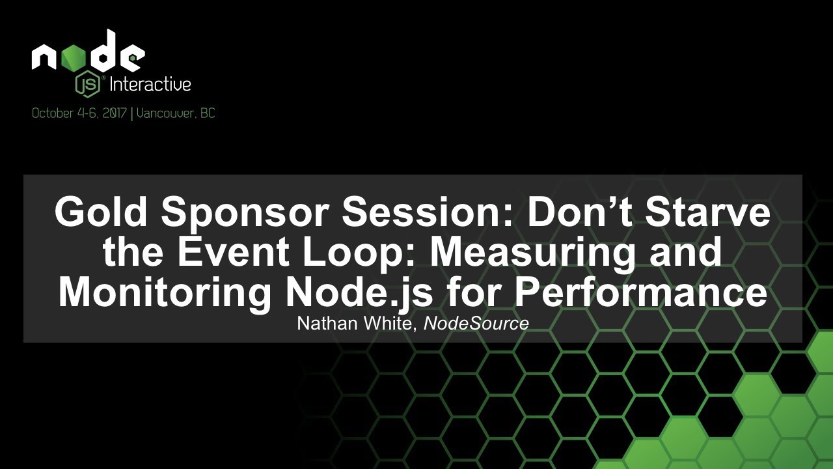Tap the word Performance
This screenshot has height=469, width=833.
pyautogui.click(x=641, y=292)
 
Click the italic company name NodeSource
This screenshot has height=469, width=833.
pyautogui.click(x=476, y=323)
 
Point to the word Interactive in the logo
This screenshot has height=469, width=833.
pyautogui.click(x=150, y=84)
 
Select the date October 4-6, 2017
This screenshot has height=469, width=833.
pyautogui.click(x=79, y=113)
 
